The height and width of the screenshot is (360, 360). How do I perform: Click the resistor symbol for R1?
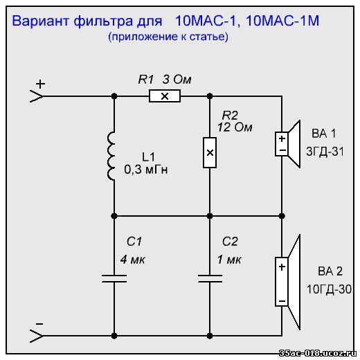tap(165, 96)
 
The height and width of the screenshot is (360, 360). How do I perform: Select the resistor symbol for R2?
tap(210, 152)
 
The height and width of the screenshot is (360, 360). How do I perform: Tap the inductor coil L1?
tap(111, 156)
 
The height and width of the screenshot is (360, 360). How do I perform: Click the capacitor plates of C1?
tap(114, 278)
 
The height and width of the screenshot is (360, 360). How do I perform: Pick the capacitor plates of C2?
tap(210, 278)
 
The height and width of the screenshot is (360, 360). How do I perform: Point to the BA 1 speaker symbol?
tap(288, 144)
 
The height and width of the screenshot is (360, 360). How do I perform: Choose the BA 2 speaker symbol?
tap(288, 282)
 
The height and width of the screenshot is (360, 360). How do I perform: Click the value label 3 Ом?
tap(177, 80)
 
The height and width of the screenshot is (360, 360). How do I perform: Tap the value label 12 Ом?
tap(235, 127)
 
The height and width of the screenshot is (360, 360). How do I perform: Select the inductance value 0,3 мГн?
tap(146, 170)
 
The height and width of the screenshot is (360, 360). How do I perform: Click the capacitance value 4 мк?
tap(132, 260)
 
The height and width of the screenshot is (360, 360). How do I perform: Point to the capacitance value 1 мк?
tap(229, 260)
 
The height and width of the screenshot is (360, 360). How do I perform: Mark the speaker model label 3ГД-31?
tap(325, 152)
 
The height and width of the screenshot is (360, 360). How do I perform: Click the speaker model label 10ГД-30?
tap(329, 289)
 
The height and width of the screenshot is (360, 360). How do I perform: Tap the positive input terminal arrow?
tap(37, 96)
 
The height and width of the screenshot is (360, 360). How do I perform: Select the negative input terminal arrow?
tap(37, 336)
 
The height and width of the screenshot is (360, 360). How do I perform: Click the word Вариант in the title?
tap(40, 21)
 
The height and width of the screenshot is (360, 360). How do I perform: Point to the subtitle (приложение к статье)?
tap(168, 37)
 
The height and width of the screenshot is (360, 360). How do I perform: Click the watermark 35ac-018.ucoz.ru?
tap(318, 353)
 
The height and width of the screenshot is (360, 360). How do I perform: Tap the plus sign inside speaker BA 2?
tap(282, 267)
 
